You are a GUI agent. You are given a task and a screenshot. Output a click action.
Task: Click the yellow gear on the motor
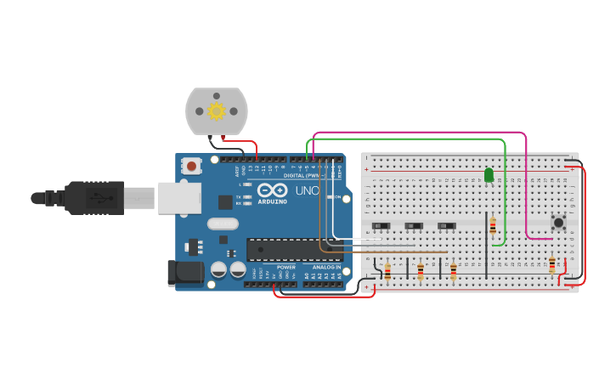[216, 110]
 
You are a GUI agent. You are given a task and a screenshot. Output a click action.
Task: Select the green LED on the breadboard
[489, 175]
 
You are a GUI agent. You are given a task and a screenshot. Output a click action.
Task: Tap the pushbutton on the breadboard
[558, 223]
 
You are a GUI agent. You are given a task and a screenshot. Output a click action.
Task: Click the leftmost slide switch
[381, 225]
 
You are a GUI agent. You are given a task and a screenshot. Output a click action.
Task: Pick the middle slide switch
[414, 225]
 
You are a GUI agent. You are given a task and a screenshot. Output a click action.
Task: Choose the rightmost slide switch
[446, 225]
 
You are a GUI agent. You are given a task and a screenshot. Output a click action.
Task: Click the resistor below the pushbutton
[552, 265]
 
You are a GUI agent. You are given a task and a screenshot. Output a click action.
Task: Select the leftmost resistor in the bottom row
[387, 271]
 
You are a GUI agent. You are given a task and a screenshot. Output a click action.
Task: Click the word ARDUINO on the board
[272, 201]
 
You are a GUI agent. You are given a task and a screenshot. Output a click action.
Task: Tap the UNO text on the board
[307, 191]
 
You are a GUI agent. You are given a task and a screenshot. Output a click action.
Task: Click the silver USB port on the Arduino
[178, 199]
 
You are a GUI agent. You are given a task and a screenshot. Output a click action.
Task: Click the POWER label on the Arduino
[286, 267]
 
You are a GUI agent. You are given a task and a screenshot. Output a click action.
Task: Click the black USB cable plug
[93, 199]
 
